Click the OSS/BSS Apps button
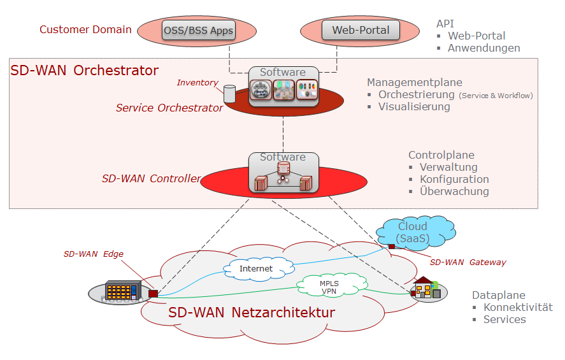click(198, 30)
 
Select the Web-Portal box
click(360, 30)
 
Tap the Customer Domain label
click(85, 29)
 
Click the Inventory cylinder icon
click(229, 94)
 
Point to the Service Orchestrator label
click(169, 108)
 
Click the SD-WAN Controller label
click(151, 178)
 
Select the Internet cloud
click(255, 269)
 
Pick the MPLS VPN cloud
click(329, 285)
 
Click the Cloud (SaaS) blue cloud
click(412, 233)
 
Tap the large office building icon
click(121, 291)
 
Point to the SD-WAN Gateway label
click(468, 262)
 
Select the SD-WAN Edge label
click(94, 254)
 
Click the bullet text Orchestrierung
click(417, 94)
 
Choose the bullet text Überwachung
click(454, 191)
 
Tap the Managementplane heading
click(414, 82)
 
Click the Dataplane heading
click(498, 296)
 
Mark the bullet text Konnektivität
click(518, 308)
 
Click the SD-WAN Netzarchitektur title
click(251, 313)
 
